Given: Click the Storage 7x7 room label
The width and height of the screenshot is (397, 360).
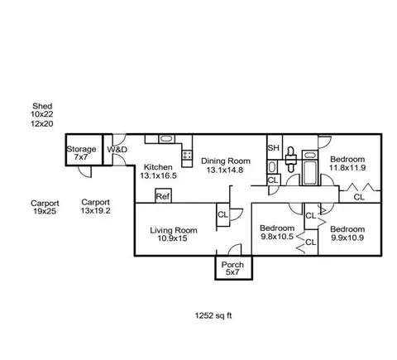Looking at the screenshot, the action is coord(81,153).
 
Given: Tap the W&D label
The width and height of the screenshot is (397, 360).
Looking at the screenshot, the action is coord(117,150).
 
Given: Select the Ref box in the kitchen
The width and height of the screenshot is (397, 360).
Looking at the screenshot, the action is coord(163,196).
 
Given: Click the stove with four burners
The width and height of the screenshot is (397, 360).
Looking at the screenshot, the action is coord(187,155).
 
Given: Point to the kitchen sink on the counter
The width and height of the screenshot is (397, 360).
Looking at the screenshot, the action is coord(166,139).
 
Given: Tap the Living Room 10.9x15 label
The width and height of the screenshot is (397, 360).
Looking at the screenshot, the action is coord(174,234).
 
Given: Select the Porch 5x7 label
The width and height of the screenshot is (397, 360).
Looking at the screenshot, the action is coord(232,268).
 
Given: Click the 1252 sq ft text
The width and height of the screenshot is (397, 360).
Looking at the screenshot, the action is coord(213,315).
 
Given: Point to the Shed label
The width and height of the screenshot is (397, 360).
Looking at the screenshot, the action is coord(42,106).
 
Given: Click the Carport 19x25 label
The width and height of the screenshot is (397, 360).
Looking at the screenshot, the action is coord(45,208).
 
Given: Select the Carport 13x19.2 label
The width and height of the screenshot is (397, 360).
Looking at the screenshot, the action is coord(95,206).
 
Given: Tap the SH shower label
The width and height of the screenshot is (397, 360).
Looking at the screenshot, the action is coord(274,148).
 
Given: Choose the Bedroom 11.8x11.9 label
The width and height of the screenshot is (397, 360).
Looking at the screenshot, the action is coord(347,163).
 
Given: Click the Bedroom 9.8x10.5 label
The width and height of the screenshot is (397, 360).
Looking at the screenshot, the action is coord(277,233).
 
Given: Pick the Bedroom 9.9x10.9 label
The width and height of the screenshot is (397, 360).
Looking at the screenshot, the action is coord(347,233).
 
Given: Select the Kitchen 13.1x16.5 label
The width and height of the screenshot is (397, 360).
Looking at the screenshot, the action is coord(158,171).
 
